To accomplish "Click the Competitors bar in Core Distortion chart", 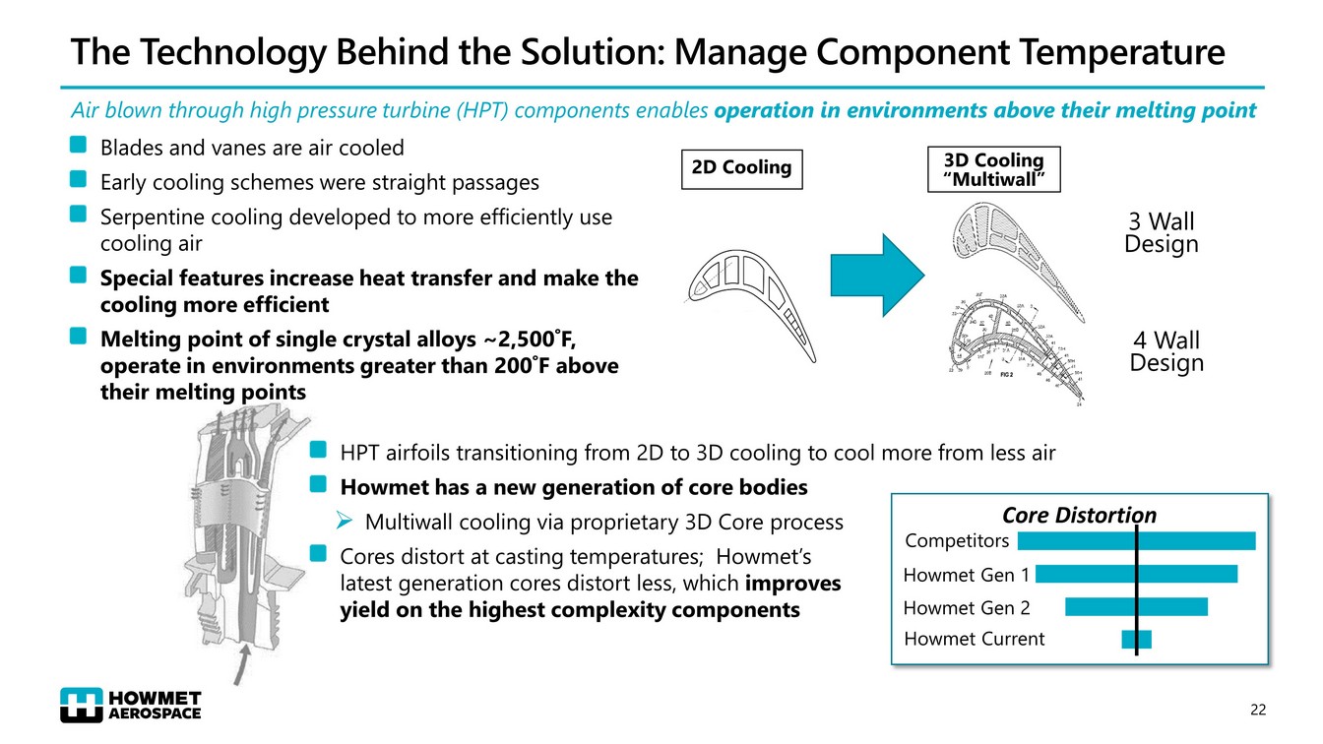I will coord(1136,540).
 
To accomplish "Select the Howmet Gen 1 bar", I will coord(1136,574).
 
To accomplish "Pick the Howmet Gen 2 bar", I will coord(1136,606).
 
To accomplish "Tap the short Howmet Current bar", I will coord(1136,639).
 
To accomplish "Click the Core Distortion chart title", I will coord(1079,516).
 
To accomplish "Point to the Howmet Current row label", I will coord(974,639).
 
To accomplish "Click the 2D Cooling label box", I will coord(741,167).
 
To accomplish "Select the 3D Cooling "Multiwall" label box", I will coord(994,167).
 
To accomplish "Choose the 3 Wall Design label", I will coord(1162,232).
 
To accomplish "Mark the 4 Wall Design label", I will coord(1166,351).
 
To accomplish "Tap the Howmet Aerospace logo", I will coord(130,705).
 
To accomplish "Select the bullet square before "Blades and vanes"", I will coord(79,147).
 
